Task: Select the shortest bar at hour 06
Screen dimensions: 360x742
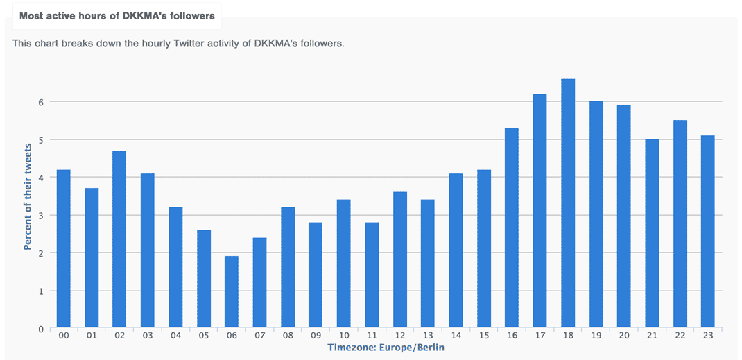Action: (x=232, y=292)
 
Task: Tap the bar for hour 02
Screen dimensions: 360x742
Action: (x=119, y=239)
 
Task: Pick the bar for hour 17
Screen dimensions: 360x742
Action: (x=540, y=211)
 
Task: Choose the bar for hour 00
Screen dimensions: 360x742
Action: (x=63, y=248)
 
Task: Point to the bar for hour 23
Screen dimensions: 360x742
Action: (x=707, y=232)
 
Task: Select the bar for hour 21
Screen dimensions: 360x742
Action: (x=652, y=234)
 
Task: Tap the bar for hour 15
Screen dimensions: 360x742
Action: (x=484, y=248)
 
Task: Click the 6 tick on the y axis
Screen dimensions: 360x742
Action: (x=41, y=102)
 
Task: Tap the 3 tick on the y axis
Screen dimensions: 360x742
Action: (x=41, y=215)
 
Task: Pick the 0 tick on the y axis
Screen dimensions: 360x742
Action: (x=41, y=329)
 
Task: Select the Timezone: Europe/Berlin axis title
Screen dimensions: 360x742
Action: (x=386, y=348)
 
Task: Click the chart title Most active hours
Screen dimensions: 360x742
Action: (x=117, y=15)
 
